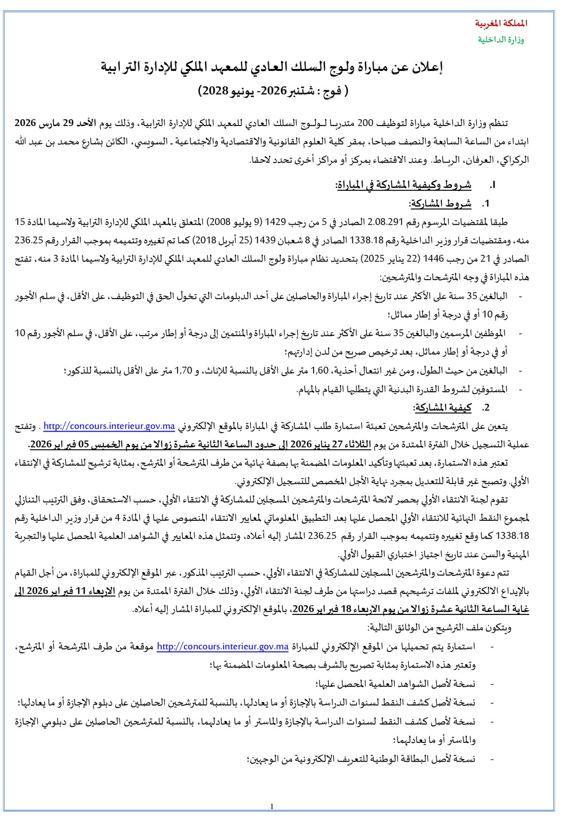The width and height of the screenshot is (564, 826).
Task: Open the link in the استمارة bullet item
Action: [x=222, y=647]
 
